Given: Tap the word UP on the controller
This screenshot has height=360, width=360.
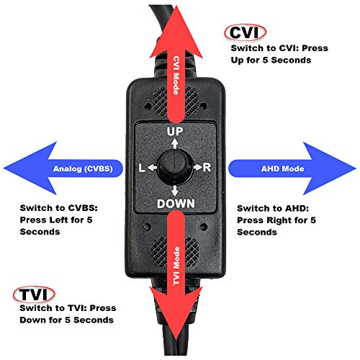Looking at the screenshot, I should coord(175,132).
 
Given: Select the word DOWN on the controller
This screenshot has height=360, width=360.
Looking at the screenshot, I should coord(175,203).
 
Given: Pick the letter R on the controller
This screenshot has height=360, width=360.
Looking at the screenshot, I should coord(207,168).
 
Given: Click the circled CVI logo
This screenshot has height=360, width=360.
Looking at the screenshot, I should coord(245,32).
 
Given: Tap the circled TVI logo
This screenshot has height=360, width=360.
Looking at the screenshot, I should coord(32,294).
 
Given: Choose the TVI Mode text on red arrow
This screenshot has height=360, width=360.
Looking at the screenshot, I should coord(176,264).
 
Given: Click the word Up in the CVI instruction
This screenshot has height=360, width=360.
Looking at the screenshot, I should coord(242,60).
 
